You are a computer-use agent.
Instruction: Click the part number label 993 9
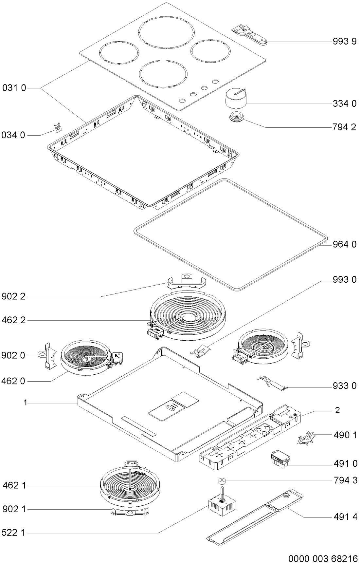345,42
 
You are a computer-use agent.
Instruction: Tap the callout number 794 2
345,127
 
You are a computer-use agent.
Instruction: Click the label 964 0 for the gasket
345,244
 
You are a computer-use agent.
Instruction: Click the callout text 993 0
345,279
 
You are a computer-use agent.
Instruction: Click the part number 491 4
345,517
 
